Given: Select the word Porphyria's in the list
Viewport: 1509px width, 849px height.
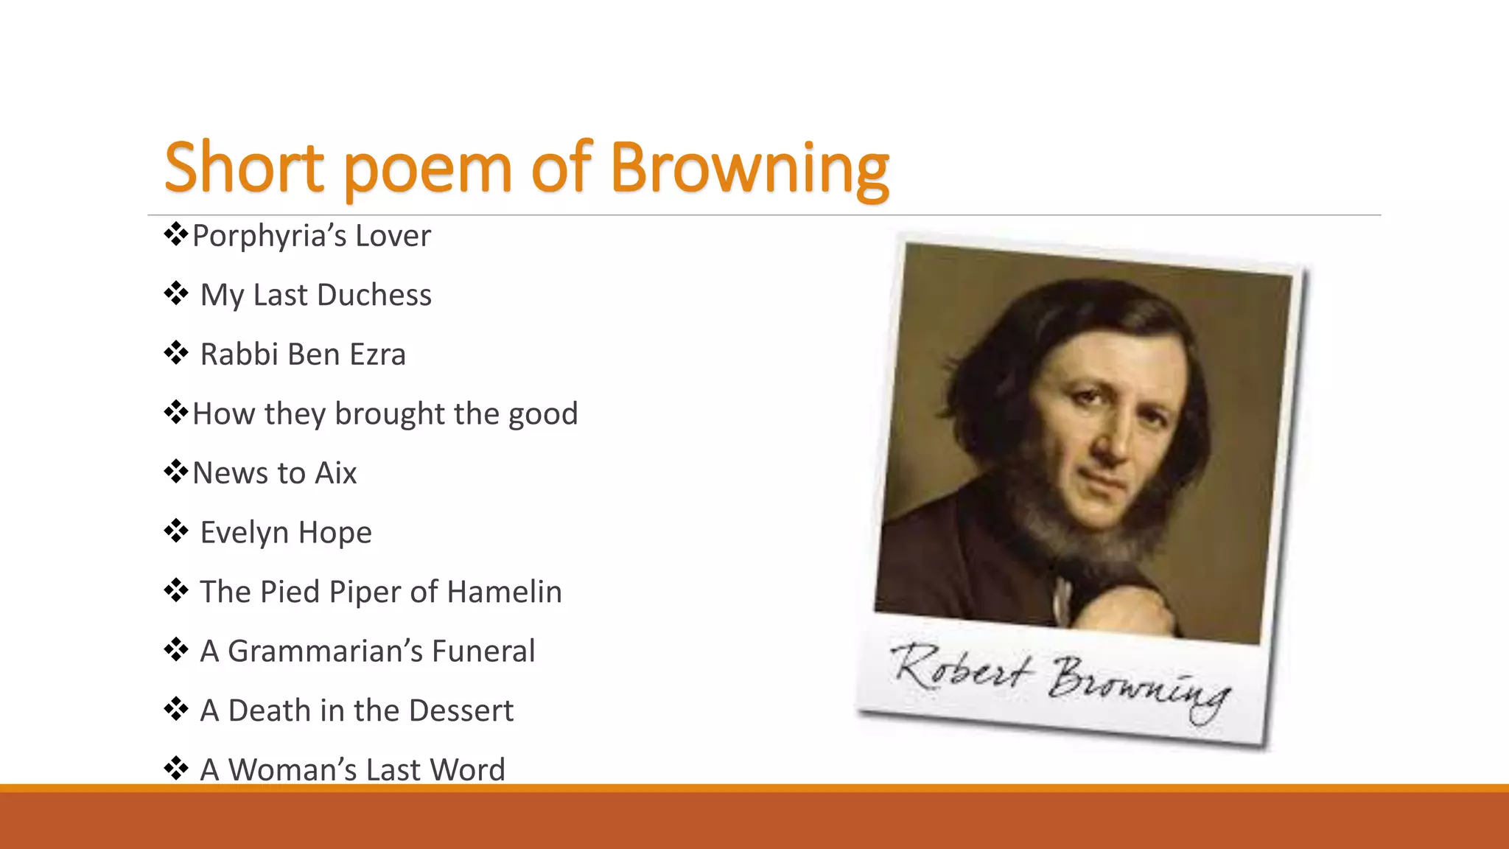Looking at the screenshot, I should (x=269, y=237).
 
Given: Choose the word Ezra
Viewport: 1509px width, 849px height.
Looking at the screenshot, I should (x=377, y=354).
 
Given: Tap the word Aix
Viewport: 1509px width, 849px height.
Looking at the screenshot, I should (x=335, y=473).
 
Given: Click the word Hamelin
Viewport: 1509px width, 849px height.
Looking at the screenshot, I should (x=504, y=592).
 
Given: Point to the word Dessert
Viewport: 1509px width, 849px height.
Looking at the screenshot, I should (x=461, y=710).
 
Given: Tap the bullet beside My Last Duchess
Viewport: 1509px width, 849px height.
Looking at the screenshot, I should (x=176, y=293).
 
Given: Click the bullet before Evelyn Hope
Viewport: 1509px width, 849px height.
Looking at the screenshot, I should (x=176, y=531).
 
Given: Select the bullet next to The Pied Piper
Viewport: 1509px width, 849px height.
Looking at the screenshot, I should (x=176, y=590).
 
